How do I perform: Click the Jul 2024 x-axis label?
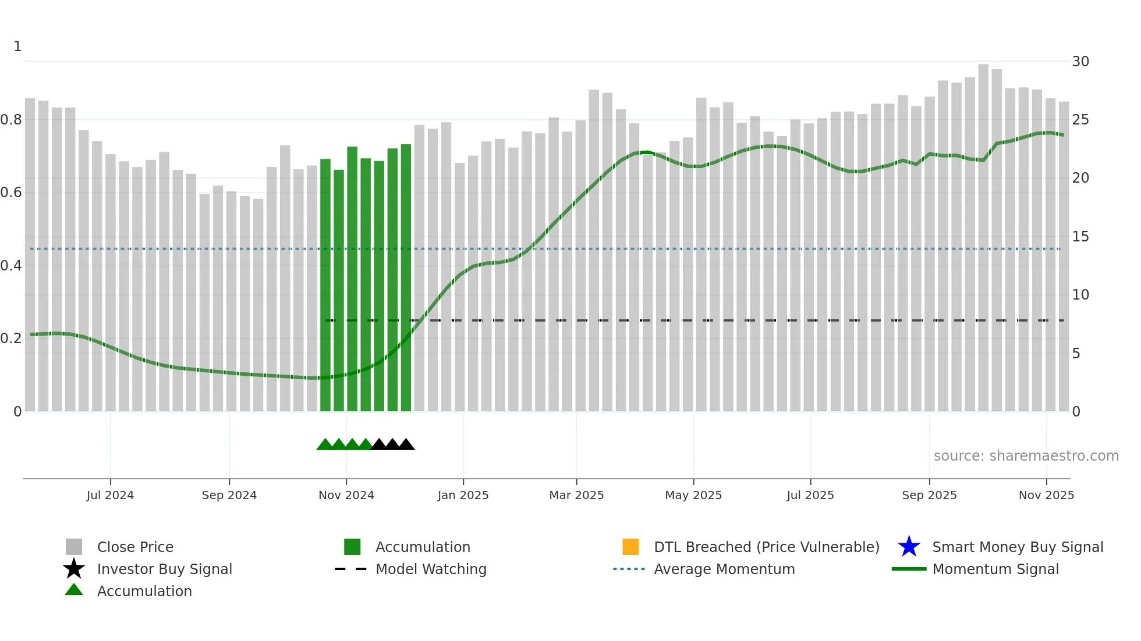[x=110, y=495]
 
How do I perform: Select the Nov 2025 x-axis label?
[x=1046, y=495]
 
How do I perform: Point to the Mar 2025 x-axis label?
[x=576, y=495]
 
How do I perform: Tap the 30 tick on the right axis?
[x=1080, y=62]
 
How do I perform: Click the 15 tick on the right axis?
[x=1080, y=237]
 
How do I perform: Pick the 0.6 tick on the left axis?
[x=11, y=193]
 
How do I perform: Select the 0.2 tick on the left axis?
[x=11, y=339]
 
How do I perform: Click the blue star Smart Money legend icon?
[x=909, y=547]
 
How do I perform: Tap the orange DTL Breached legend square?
[x=630, y=547]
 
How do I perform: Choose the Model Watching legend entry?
[x=430, y=569]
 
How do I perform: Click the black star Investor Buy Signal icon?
[x=74, y=569]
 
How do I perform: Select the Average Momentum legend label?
[x=724, y=569]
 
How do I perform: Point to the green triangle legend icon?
[x=74, y=590]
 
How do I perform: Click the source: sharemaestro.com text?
[x=1026, y=456]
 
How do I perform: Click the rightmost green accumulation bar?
[x=406, y=279]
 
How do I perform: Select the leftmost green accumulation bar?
[x=325, y=285]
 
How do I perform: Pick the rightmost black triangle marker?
[x=406, y=445]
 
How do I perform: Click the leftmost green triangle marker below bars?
[x=325, y=445]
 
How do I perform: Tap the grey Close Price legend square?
[x=74, y=547]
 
